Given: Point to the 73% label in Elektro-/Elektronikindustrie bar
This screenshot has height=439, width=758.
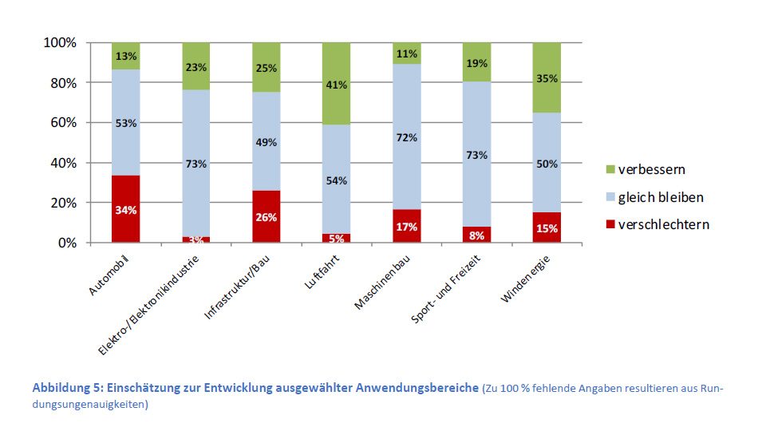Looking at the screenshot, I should [x=195, y=164].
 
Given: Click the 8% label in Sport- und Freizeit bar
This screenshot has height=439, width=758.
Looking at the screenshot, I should [x=476, y=235].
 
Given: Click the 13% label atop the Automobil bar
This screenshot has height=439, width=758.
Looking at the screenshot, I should [x=125, y=56].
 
